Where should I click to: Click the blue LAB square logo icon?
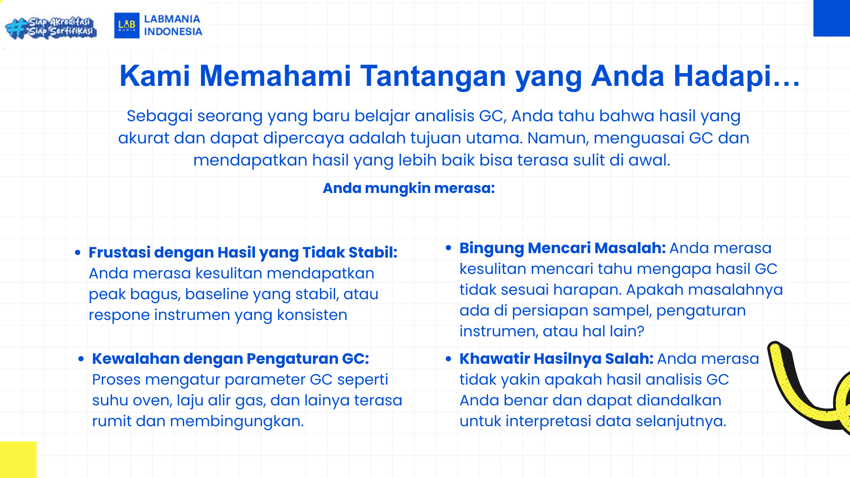click(x=127, y=25)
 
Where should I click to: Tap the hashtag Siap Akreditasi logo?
click(x=51, y=27)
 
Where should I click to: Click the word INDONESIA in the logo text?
click(x=173, y=32)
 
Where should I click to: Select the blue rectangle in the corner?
click(x=831, y=18)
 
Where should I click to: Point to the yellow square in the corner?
click(x=18, y=459)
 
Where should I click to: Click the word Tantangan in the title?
click(x=433, y=76)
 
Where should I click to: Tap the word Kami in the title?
click(x=155, y=76)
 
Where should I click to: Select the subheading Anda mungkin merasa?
click(x=409, y=188)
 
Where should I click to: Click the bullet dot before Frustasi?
click(x=78, y=253)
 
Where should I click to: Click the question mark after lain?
click(x=641, y=331)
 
